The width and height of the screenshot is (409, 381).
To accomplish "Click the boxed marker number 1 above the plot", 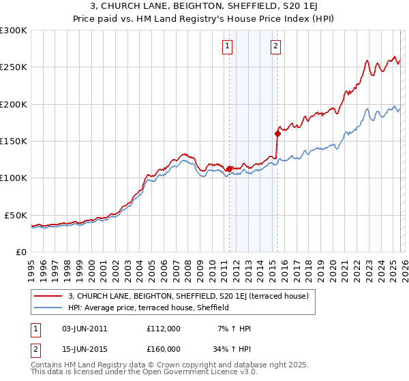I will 227,46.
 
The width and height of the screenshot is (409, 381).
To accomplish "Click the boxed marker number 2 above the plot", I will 276,46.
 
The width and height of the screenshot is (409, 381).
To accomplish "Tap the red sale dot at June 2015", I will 277,133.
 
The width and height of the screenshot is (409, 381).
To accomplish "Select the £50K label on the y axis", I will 16,215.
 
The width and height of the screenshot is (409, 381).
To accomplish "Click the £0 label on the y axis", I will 21,252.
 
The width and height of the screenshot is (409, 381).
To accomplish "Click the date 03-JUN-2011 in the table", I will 85,329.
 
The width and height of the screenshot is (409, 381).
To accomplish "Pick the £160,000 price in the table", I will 164,349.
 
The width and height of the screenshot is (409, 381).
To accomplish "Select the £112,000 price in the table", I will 164,329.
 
